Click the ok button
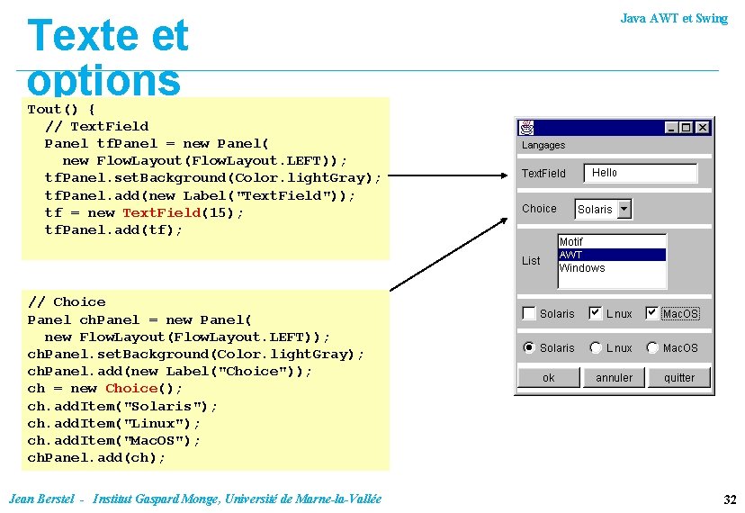point(549,378)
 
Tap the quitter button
point(679,378)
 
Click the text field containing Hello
point(641,173)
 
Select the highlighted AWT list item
point(612,255)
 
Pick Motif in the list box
point(612,242)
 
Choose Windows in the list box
point(612,268)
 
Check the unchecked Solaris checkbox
point(529,313)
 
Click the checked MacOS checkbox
point(652,313)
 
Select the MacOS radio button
point(652,347)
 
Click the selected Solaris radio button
point(529,347)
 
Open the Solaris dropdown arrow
point(624,209)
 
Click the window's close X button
point(703,128)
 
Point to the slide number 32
point(729,499)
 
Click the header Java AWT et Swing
point(674,18)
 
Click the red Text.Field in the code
point(161,212)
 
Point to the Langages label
point(543,145)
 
